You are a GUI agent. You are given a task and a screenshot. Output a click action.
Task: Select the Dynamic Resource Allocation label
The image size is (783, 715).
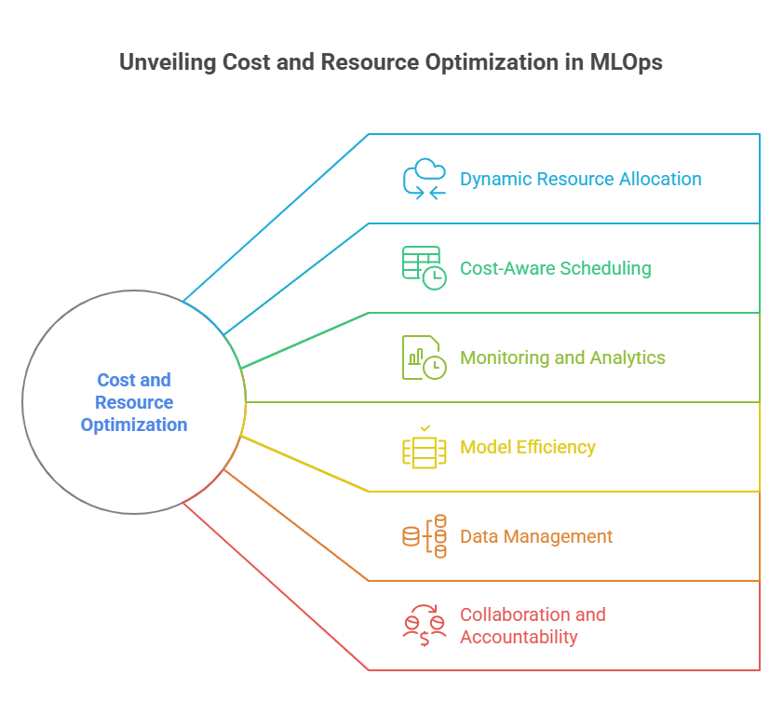(x=580, y=179)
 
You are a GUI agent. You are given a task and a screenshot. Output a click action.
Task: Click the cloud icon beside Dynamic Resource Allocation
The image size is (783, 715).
(x=425, y=179)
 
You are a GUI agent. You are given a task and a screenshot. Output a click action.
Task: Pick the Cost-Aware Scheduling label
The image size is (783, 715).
(x=555, y=268)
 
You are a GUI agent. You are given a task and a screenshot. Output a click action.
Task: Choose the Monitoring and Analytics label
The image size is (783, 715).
(x=562, y=357)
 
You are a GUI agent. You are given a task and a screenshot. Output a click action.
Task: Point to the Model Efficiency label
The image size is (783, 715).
(x=527, y=447)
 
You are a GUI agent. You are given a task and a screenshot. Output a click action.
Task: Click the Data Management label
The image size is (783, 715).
(x=535, y=536)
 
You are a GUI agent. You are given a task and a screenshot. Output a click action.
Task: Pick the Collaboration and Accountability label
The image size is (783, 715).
(x=532, y=626)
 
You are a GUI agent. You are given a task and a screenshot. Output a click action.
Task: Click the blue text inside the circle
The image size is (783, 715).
(x=134, y=402)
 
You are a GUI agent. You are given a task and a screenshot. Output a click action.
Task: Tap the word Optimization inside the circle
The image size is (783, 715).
(x=134, y=425)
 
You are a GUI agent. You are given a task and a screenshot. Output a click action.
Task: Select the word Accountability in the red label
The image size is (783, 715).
(x=519, y=637)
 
